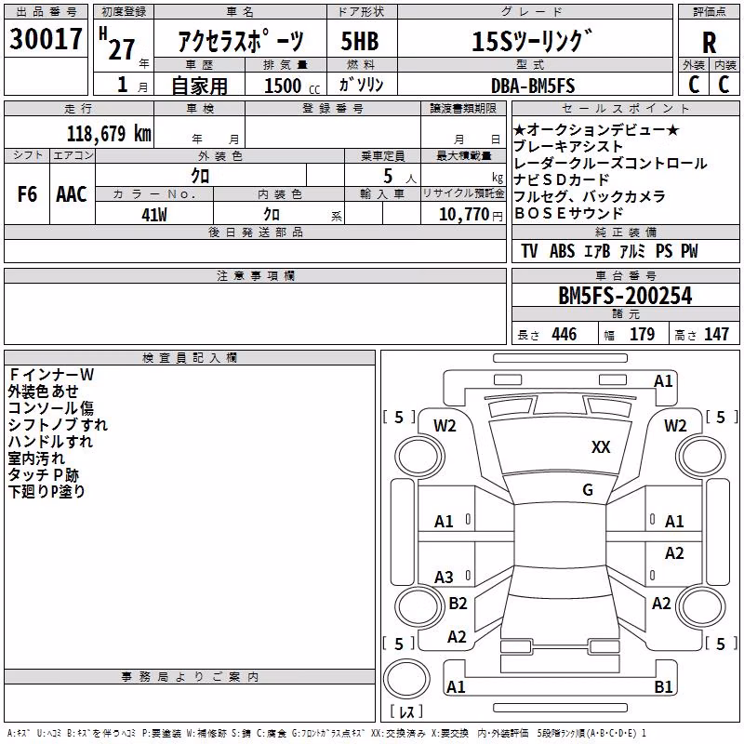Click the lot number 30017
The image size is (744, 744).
click(x=46, y=39)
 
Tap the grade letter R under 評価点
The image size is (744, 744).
click(x=709, y=43)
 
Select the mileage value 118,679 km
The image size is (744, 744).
click(x=109, y=134)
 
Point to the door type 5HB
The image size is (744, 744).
click(x=360, y=41)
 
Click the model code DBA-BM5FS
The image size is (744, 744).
click(x=533, y=86)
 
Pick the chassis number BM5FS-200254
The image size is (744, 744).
click(x=625, y=296)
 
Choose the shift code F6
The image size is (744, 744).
click(x=27, y=194)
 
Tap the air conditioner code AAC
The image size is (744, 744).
click(x=72, y=194)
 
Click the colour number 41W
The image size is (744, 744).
click(x=154, y=215)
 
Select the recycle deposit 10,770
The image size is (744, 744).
click(x=464, y=215)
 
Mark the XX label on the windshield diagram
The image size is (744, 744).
click(x=601, y=446)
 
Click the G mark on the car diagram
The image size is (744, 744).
click(x=588, y=489)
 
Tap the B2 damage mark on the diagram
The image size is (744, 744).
click(x=458, y=603)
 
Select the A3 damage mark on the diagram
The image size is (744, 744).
click(x=444, y=577)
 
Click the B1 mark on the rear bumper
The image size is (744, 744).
click(x=663, y=686)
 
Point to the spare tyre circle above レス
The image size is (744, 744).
click(x=406, y=678)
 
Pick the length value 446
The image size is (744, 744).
click(x=565, y=334)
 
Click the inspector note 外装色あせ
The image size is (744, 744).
click(x=43, y=392)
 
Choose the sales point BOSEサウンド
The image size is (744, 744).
click(x=568, y=213)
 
